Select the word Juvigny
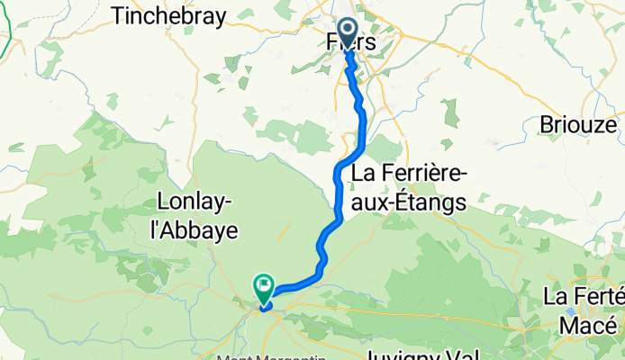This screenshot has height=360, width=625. [408, 353]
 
